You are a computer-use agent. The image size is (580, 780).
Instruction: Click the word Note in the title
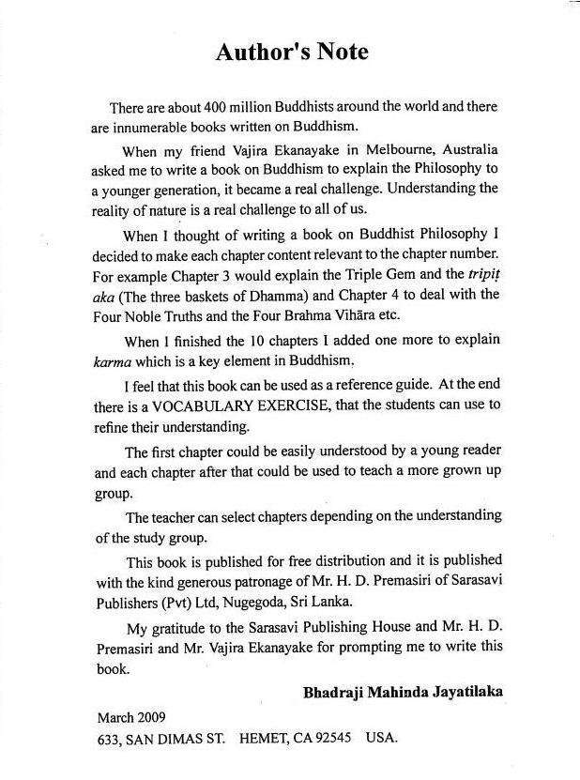(x=337, y=52)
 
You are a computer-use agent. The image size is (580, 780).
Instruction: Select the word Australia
(x=468, y=151)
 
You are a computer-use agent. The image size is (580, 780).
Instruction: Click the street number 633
(x=110, y=738)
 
